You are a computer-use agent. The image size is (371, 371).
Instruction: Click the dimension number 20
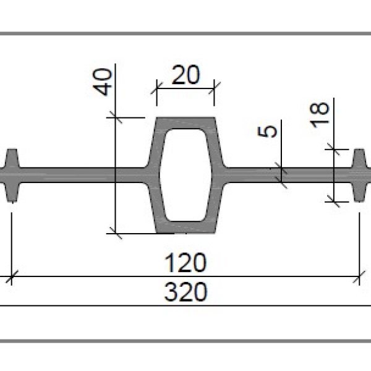pyautogui.click(x=185, y=75)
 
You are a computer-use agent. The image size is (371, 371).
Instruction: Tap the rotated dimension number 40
pyautogui.click(x=102, y=82)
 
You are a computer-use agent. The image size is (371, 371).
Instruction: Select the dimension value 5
pyautogui.click(x=267, y=132)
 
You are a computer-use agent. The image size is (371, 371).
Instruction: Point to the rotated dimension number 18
pyautogui.click(x=319, y=115)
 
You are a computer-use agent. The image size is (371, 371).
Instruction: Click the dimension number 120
pyautogui.click(x=185, y=263)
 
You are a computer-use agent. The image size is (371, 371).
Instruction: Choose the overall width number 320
pyautogui.click(x=185, y=292)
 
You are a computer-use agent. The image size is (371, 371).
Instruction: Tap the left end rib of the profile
pyautogui.click(x=12, y=176)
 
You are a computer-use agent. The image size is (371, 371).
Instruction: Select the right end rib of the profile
pyautogui.click(x=360, y=176)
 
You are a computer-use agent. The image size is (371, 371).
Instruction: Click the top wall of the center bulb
pyautogui.click(x=185, y=123)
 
